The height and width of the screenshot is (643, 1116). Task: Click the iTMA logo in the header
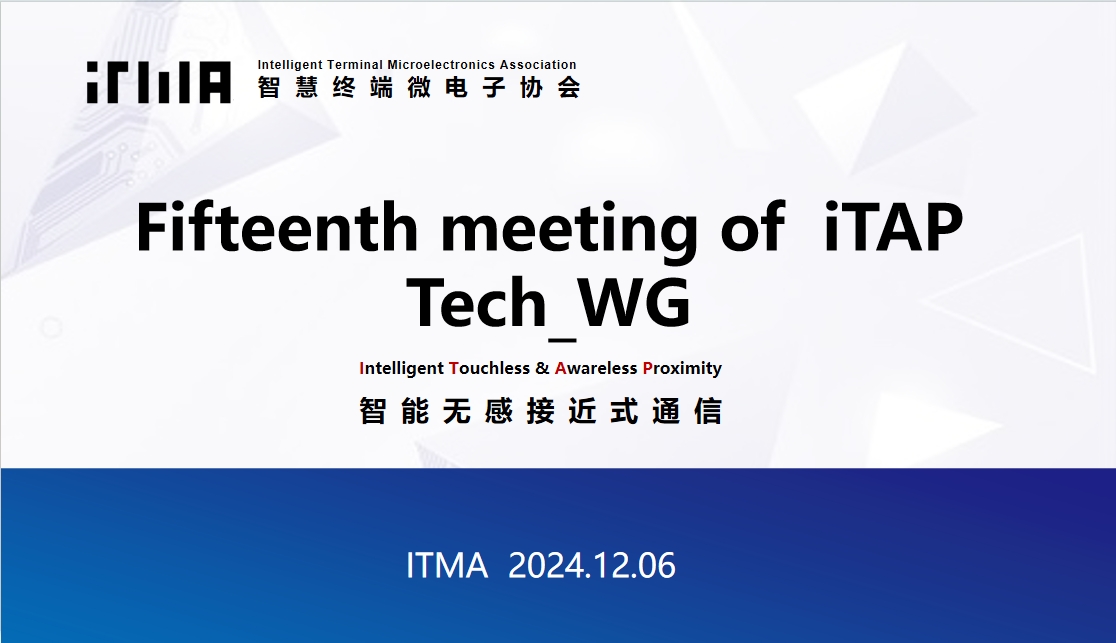pyautogui.click(x=159, y=82)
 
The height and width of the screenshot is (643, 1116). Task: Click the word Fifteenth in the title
pyautogui.click(x=277, y=227)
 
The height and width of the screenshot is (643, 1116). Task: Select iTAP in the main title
pyautogui.click(x=893, y=227)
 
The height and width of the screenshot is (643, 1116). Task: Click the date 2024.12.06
pyautogui.click(x=591, y=565)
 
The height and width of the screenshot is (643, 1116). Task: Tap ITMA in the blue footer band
pyautogui.click(x=447, y=565)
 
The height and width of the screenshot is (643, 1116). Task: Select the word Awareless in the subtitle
pyautogui.click(x=596, y=368)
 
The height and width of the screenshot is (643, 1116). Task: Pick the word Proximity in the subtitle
pyautogui.click(x=682, y=369)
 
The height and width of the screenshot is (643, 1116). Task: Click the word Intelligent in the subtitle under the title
pyautogui.click(x=401, y=369)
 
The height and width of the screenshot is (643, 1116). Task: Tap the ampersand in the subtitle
pyautogui.click(x=542, y=368)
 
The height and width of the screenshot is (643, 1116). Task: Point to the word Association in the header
pyautogui.click(x=538, y=65)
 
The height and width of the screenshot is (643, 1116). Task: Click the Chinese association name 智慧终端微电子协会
pyautogui.click(x=419, y=88)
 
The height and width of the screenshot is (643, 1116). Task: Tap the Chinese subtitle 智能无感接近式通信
pyautogui.click(x=541, y=412)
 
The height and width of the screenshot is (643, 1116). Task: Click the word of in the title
pyautogui.click(x=753, y=227)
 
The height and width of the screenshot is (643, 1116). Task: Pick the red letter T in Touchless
pyautogui.click(x=454, y=368)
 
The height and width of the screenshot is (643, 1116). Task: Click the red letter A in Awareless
pyautogui.click(x=560, y=368)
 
